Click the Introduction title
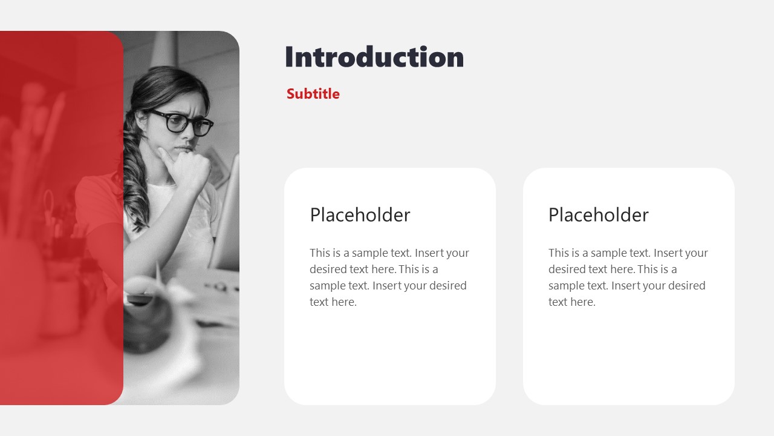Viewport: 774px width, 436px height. click(374, 57)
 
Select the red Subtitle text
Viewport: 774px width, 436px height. click(313, 94)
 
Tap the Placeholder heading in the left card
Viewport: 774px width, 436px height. click(360, 215)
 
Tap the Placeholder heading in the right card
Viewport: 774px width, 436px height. click(598, 215)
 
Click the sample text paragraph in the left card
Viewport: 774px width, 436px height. click(389, 277)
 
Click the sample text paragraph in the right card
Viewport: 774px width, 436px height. click(628, 277)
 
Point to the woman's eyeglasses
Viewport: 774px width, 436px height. click(181, 123)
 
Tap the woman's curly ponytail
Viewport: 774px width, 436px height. click(134, 182)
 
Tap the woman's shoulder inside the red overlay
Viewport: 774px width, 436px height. click(97, 194)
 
